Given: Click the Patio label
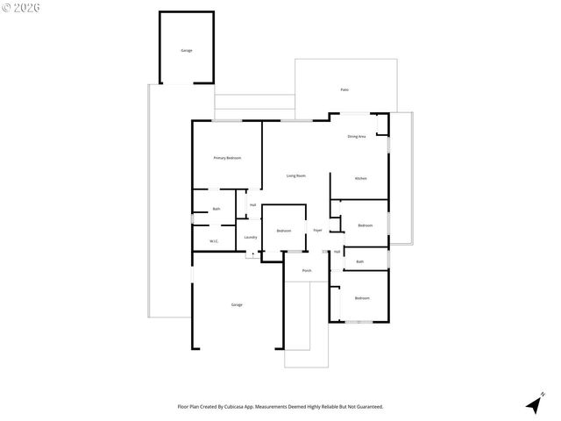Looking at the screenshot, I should point(344,89).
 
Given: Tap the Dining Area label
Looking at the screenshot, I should point(356,137).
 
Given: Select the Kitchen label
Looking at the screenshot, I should point(360,178).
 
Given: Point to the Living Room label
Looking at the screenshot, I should point(295,175).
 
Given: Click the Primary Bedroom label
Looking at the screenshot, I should point(227,158).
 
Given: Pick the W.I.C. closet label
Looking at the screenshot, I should point(213,241).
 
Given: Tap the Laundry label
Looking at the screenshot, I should point(250,237).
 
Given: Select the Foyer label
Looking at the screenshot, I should point(317,230).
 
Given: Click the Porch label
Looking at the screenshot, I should point(307,270).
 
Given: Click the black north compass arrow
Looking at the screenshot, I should point(533,404).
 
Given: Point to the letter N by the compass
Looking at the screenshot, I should point(543,393).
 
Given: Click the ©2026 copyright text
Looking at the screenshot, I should point(20,8).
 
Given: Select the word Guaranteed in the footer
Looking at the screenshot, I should point(366,406).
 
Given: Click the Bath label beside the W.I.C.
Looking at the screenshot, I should point(216,209).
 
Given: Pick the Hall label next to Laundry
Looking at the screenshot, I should point(252,205).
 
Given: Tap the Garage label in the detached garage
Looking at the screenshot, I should point(186,50).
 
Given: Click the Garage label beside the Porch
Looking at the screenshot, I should point(237,304).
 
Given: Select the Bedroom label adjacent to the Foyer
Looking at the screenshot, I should point(283,231).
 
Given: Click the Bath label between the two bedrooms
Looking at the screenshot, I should point(359,261).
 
